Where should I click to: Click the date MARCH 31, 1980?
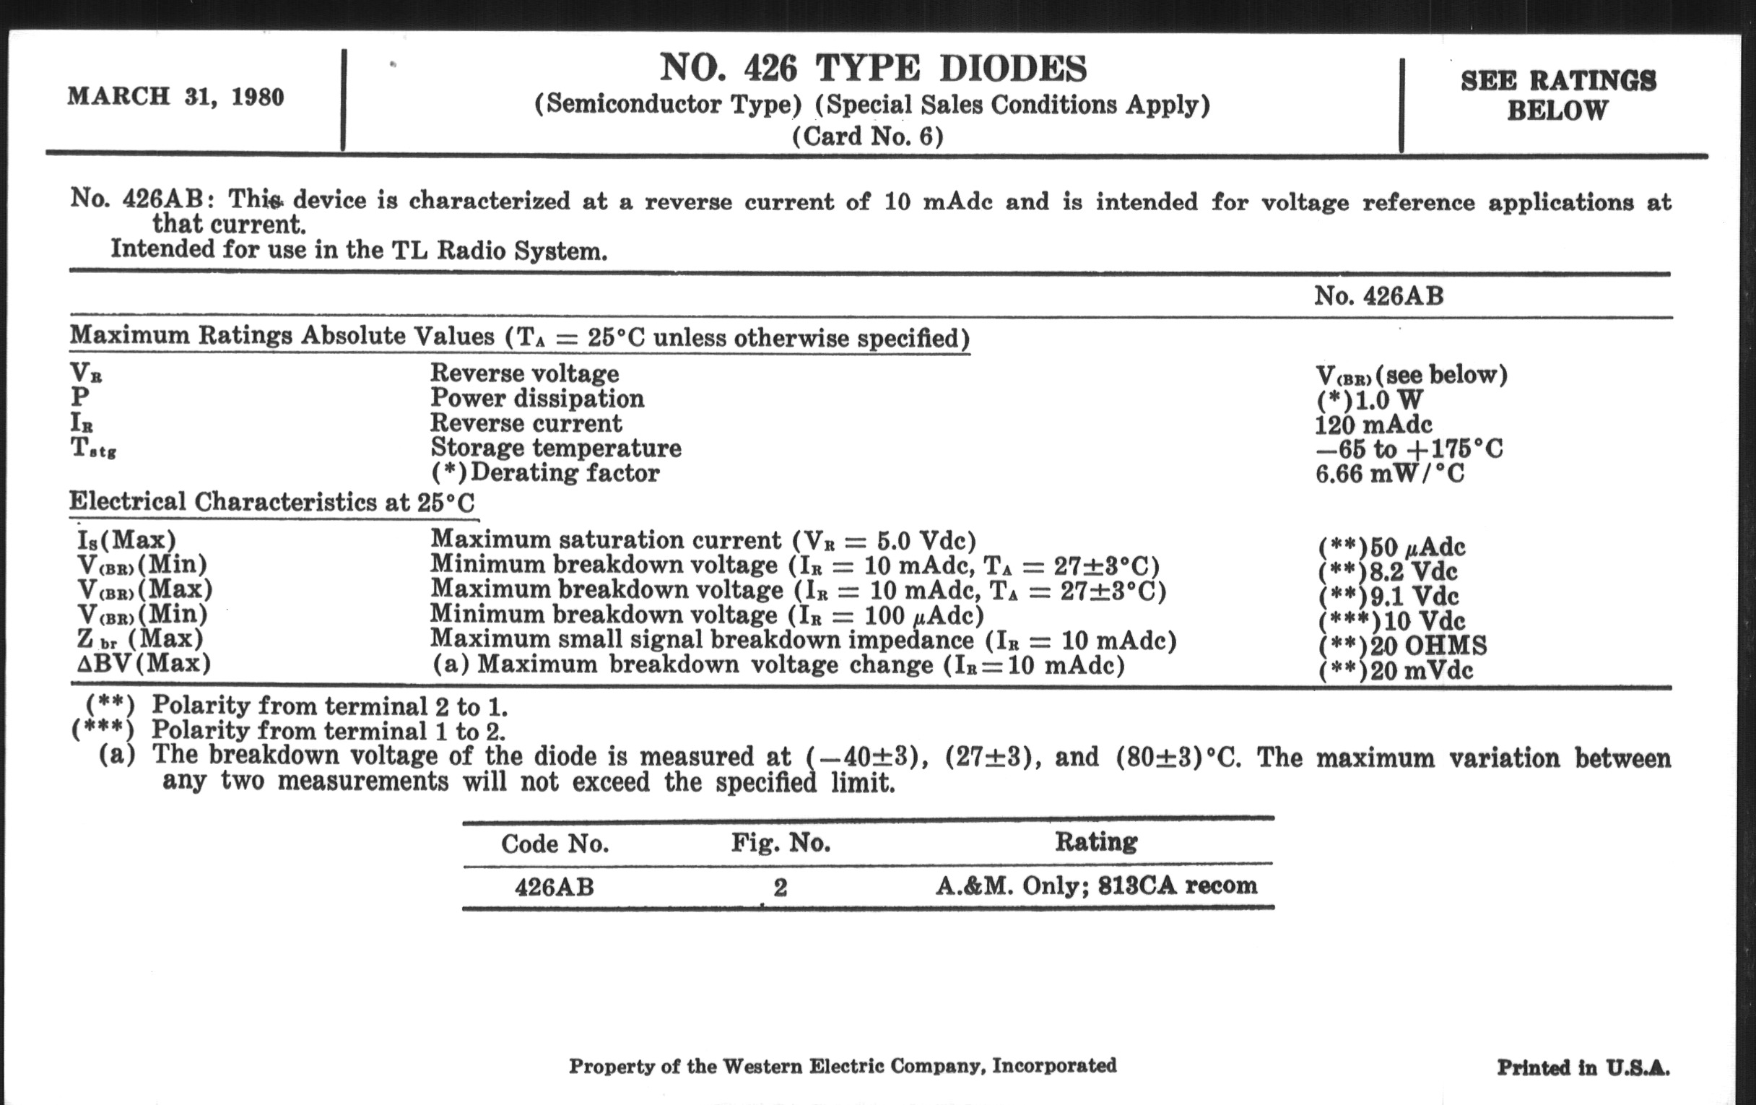[x=175, y=97]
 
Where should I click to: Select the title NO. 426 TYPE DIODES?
[x=873, y=69]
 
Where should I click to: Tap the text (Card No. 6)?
[x=868, y=136]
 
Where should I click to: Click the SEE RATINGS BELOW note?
[x=1557, y=95]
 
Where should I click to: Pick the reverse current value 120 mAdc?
[x=1373, y=425]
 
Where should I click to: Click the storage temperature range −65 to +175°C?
[x=1409, y=448]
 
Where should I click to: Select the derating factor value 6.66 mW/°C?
[x=1390, y=474]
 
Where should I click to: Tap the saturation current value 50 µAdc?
[x=1392, y=547]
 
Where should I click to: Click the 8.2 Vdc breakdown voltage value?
[x=1388, y=572]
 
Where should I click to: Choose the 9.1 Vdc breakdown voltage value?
[x=1389, y=597]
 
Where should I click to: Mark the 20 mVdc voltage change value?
[x=1396, y=670]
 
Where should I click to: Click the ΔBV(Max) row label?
[x=144, y=664]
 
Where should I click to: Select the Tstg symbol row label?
[x=93, y=448]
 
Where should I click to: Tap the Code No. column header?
[x=555, y=844]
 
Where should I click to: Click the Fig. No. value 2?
[x=780, y=888]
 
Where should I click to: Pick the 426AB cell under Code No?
[x=555, y=888]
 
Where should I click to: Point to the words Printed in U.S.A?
[x=1583, y=1067]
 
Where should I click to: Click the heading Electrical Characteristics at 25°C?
[x=271, y=502]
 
